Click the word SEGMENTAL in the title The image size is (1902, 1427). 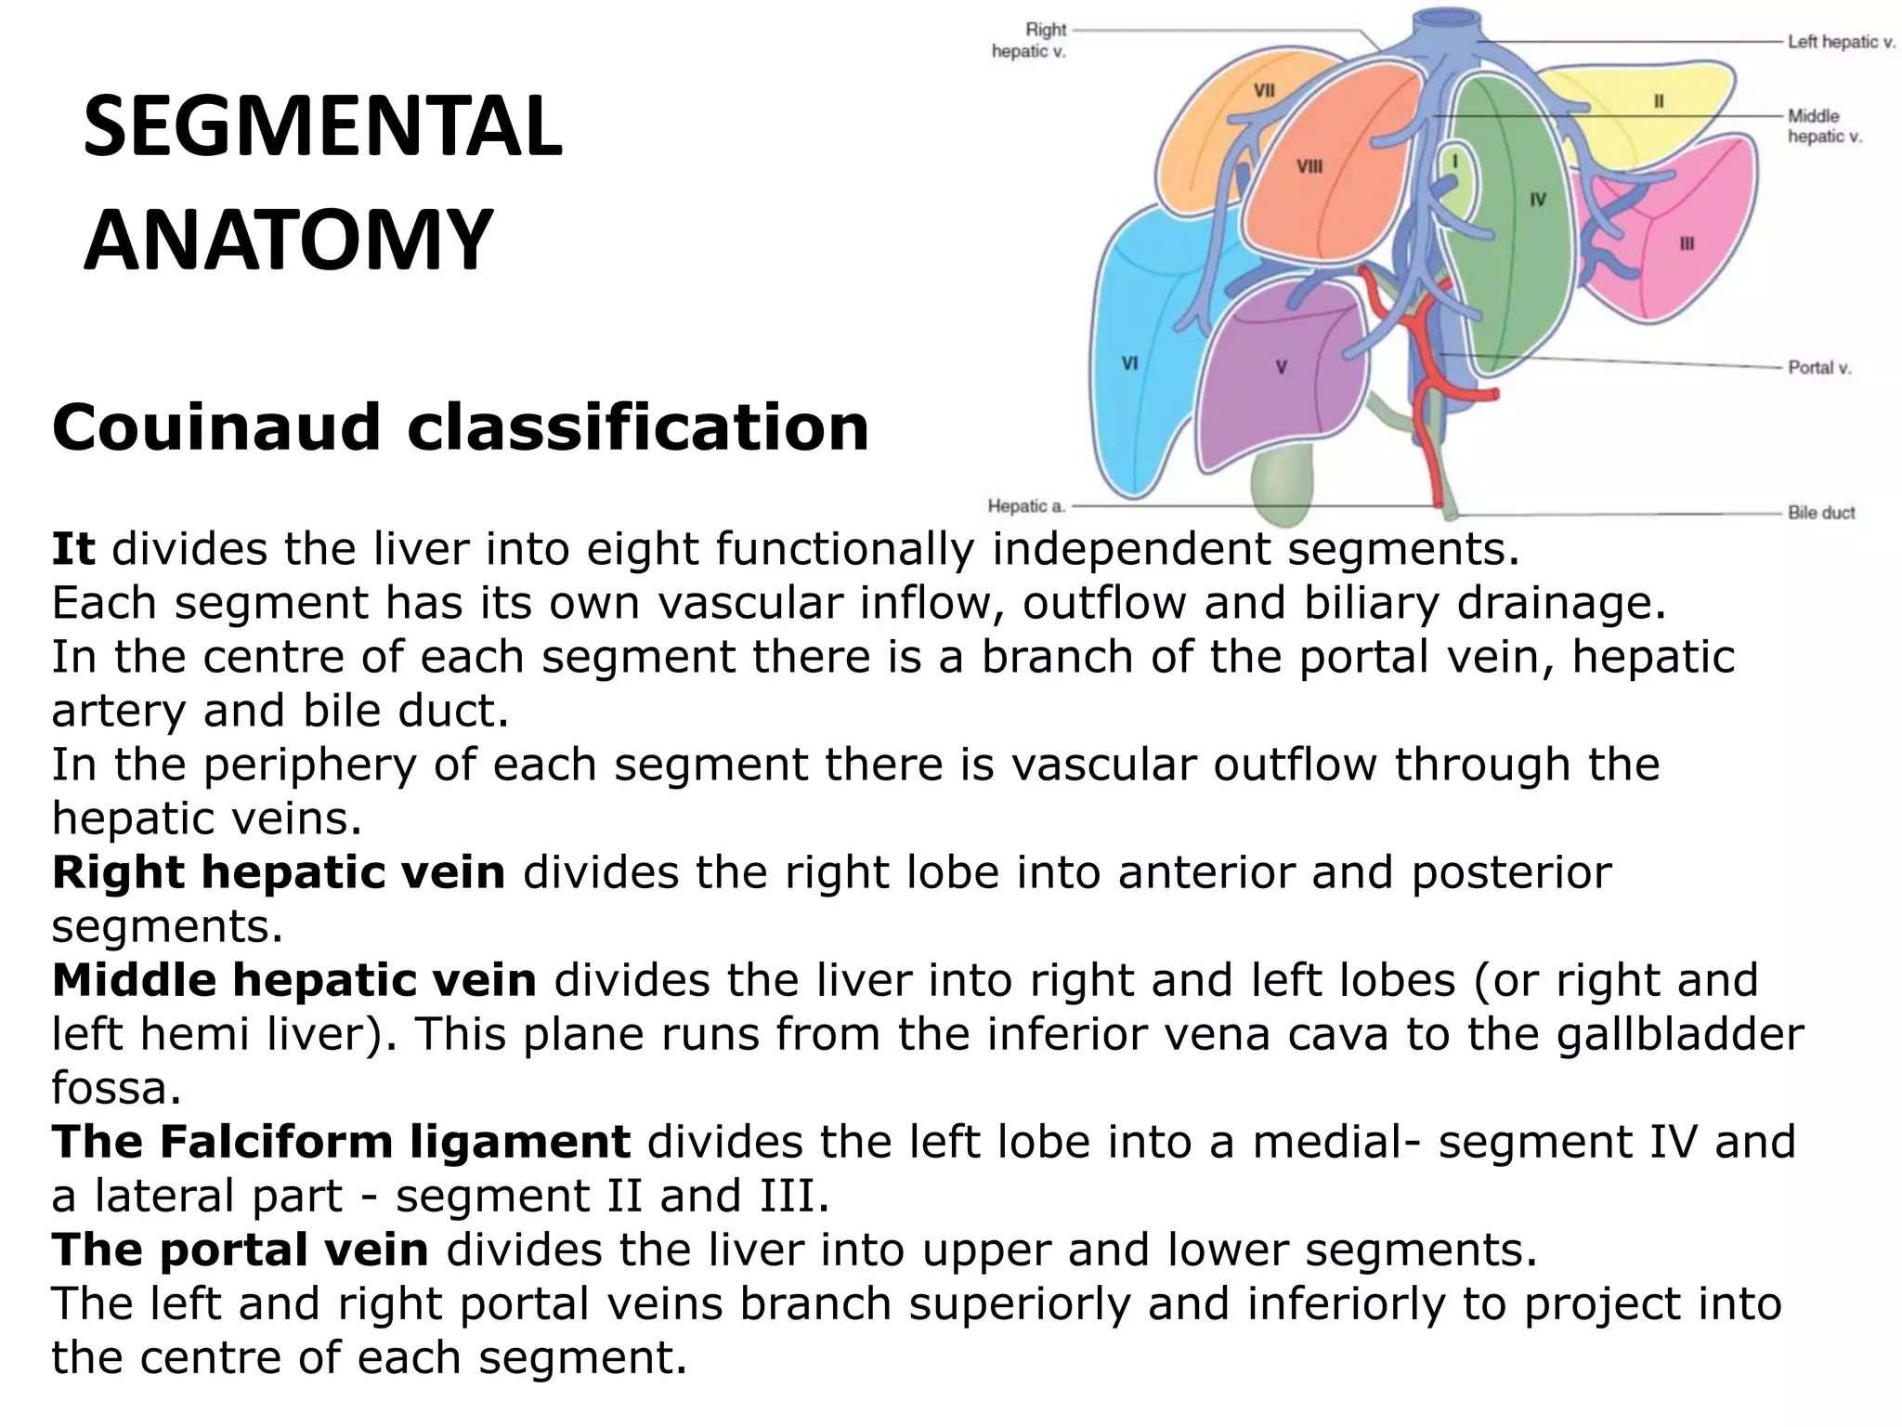coord(322,128)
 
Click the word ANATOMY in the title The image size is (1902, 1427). coord(288,240)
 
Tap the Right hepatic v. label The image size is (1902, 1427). coord(1029,41)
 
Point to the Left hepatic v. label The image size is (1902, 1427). coord(1842,42)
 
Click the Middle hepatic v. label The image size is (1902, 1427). coord(1824,126)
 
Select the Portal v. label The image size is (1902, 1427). coord(1819,368)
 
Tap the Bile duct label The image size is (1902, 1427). coord(1821,513)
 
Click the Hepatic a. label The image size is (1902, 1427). coord(1025,506)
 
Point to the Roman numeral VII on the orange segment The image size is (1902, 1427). coord(1264,91)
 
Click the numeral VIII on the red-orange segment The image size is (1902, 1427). coord(1309,167)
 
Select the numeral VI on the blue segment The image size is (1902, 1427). coord(1129,363)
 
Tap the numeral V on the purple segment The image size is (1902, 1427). coord(1281,367)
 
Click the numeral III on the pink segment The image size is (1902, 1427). coord(1687,244)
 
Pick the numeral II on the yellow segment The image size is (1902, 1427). coord(1658,102)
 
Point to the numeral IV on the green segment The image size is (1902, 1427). coord(1538,200)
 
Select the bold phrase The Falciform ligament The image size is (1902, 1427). coord(341,1143)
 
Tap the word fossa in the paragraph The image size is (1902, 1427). coord(116,1089)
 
